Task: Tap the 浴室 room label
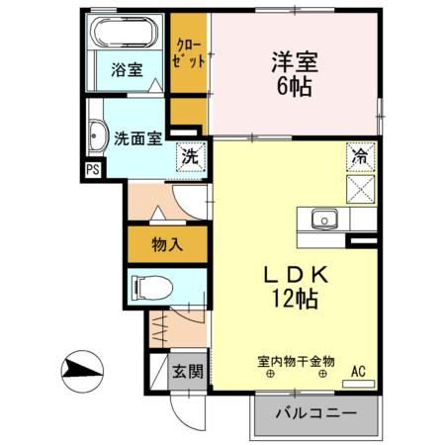[126, 71]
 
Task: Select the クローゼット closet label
[190, 51]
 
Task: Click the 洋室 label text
[294, 59]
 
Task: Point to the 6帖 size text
[294, 87]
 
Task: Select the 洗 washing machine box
[190, 156]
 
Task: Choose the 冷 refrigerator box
[360, 155]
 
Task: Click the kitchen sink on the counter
[323, 219]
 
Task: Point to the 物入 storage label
[165, 243]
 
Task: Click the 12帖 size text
[294, 302]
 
